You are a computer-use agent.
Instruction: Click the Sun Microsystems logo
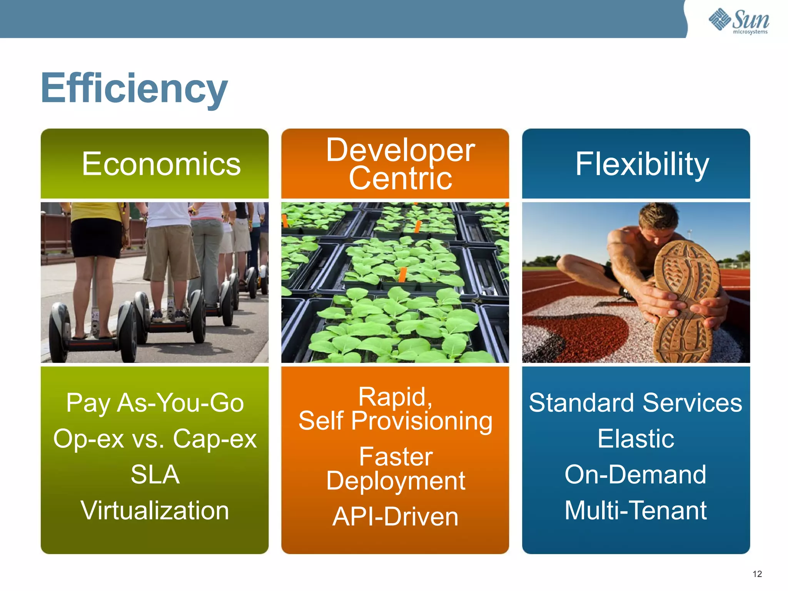pyautogui.click(x=739, y=21)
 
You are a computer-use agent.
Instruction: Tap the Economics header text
pyautogui.click(x=161, y=164)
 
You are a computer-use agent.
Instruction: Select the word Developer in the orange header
pyautogui.click(x=400, y=150)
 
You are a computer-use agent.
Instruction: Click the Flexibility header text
pyautogui.click(x=642, y=164)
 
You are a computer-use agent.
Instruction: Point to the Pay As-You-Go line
pyautogui.click(x=155, y=403)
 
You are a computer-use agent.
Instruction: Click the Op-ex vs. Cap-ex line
pyautogui.click(x=155, y=439)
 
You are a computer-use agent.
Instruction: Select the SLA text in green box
pyautogui.click(x=155, y=474)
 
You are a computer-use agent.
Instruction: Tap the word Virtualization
pyautogui.click(x=155, y=511)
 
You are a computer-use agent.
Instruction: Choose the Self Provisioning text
pyautogui.click(x=395, y=421)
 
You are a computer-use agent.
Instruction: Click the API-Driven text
pyautogui.click(x=395, y=516)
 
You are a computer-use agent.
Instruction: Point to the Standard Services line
pyautogui.click(x=635, y=403)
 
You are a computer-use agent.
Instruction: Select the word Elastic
pyautogui.click(x=635, y=439)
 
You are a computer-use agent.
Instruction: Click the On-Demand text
pyautogui.click(x=635, y=474)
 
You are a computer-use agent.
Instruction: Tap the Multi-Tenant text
pyautogui.click(x=635, y=511)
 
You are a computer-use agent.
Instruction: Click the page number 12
pyautogui.click(x=757, y=574)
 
